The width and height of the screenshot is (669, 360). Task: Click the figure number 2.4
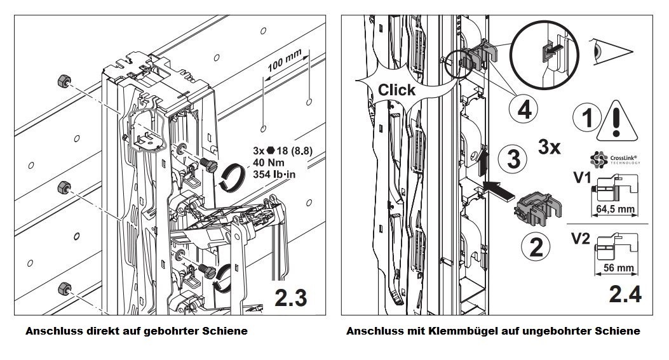[x=625, y=295]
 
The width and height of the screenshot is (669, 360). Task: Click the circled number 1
[x=586, y=119]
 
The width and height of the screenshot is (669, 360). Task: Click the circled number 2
[x=535, y=246]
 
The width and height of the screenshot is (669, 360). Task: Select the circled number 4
[x=524, y=110]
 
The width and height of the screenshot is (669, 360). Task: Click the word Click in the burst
[x=396, y=90]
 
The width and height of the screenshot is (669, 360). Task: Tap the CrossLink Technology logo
[x=614, y=158]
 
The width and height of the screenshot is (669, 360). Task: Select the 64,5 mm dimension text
[x=616, y=208]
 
